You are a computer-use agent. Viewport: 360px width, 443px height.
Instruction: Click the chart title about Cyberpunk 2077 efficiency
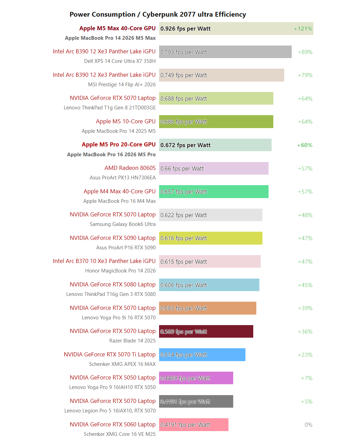pyautogui.click(x=158, y=15)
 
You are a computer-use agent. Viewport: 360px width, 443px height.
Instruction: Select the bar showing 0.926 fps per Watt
pyautogui.click(x=236, y=29)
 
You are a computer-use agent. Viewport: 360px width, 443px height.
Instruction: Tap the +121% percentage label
pyautogui.click(x=303, y=29)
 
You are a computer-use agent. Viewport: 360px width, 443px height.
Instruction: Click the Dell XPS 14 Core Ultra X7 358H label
pyautogui.click(x=120, y=61)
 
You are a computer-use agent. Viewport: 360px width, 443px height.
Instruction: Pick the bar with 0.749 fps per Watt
pyautogui.click(x=221, y=75)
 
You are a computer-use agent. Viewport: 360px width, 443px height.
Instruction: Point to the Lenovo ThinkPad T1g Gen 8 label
pyautogui.click(x=109, y=108)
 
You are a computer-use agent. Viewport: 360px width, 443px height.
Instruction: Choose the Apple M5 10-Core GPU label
pyautogui.click(x=125, y=121)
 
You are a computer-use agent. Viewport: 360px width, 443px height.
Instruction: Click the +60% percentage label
pyautogui.click(x=305, y=145)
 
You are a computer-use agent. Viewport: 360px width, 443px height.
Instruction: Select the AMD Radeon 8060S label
pyautogui.click(x=130, y=168)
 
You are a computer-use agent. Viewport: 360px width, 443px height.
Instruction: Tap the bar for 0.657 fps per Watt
pyautogui.click(x=213, y=192)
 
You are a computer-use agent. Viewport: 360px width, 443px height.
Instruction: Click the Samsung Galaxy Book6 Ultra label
pyautogui.click(x=122, y=224)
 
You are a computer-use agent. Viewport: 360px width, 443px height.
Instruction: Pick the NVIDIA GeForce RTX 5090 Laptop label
pyautogui.click(x=113, y=238)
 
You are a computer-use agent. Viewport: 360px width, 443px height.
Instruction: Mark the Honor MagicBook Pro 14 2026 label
pyautogui.click(x=120, y=271)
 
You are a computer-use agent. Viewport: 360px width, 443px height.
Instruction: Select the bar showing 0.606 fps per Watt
pyautogui.click(x=209, y=285)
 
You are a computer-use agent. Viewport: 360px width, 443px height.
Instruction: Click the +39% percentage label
pyautogui.click(x=305, y=308)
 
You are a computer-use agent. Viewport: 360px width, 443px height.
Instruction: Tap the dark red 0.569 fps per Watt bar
pyautogui.click(x=206, y=332)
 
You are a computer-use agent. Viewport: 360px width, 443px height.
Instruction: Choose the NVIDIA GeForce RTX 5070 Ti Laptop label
pyautogui.click(x=109, y=354)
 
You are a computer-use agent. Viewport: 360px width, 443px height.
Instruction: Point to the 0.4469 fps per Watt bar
pyautogui.click(x=196, y=378)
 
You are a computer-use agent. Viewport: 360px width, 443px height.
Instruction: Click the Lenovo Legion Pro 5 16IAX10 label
pyautogui.click(x=110, y=411)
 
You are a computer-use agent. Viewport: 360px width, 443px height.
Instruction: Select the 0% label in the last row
pyautogui.click(x=308, y=425)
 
